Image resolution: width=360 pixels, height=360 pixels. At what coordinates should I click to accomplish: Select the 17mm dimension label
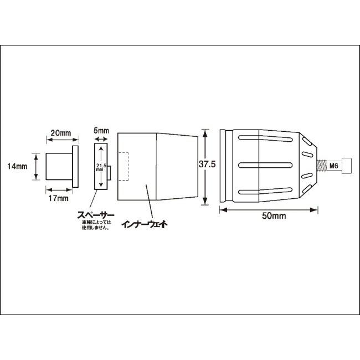pyautogui.click(x=58, y=198)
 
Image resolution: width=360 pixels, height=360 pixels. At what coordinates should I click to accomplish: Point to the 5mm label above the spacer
pyautogui.click(x=102, y=131)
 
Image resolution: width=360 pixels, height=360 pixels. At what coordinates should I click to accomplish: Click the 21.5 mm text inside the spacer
pyautogui.click(x=100, y=167)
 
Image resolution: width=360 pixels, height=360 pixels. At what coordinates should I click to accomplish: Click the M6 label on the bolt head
pyautogui.click(x=334, y=165)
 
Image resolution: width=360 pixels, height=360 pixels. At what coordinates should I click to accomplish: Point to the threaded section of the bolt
pyautogui.click(x=321, y=165)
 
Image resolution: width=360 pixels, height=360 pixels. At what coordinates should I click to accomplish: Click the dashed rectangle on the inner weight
pyautogui.click(x=124, y=166)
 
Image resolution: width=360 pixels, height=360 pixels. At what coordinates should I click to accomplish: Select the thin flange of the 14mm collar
pyautogui.click(x=75, y=166)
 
